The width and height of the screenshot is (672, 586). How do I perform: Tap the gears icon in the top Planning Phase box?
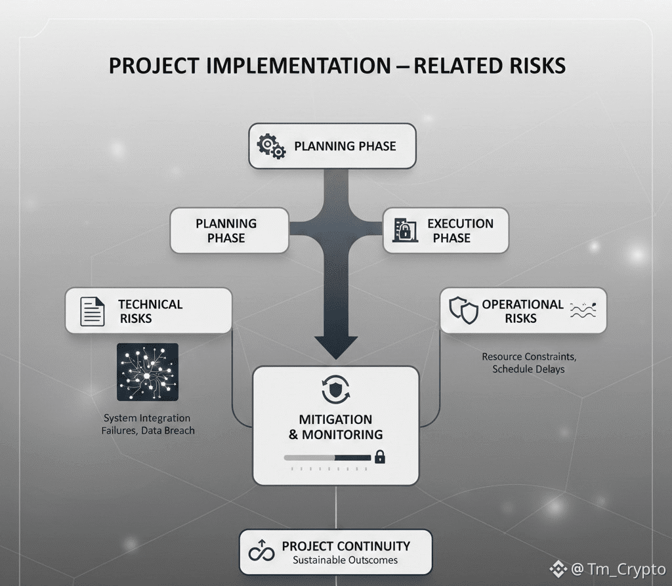pyautogui.click(x=271, y=146)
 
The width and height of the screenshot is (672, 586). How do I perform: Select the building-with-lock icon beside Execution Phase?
pyautogui.click(x=405, y=230)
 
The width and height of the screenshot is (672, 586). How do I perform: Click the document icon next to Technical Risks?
pyautogui.click(x=92, y=311)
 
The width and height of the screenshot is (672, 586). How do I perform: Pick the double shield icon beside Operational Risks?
pyautogui.click(x=463, y=310)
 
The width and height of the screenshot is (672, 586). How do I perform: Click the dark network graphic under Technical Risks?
pyautogui.click(x=148, y=372)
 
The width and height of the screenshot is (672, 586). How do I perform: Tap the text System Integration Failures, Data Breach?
pyautogui.click(x=148, y=425)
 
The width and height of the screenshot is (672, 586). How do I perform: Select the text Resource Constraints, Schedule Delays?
pyautogui.click(x=529, y=363)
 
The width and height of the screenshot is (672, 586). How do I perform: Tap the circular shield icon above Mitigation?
pyautogui.click(x=335, y=389)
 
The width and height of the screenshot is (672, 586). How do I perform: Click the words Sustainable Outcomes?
pyautogui.click(x=345, y=560)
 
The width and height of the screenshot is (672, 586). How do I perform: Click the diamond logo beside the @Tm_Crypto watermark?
pyautogui.click(x=558, y=568)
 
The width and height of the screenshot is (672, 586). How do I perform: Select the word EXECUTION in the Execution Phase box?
pyautogui.click(x=460, y=223)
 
